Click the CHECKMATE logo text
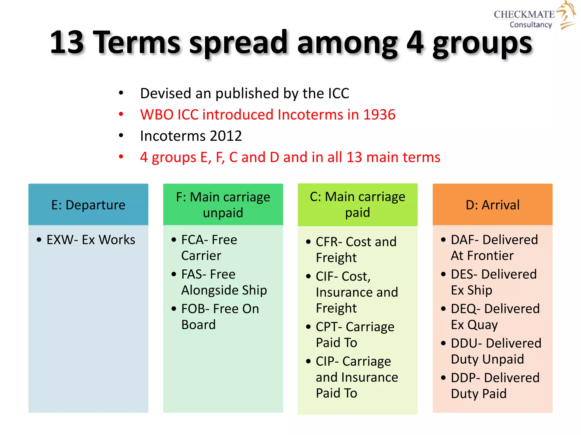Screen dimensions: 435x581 (x=524, y=14)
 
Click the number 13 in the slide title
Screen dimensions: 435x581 (x=67, y=42)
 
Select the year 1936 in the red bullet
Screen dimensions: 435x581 (x=379, y=115)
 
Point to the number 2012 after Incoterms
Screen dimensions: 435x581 (x=226, y=136)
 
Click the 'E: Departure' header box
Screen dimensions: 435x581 (x=88, y=205)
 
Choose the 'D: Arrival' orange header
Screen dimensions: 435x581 (x=492, y=205)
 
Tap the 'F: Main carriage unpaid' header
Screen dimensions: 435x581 (x=223, y=205)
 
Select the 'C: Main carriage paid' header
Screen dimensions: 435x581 (x=357, y=204)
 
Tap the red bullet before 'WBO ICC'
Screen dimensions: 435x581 (x=121, y=114)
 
